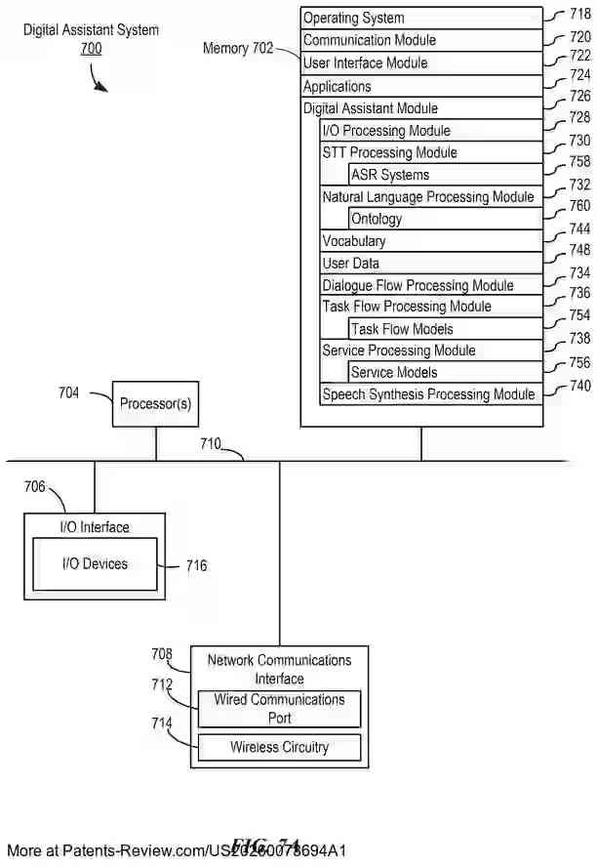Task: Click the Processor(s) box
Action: point(155,404)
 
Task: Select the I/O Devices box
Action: point(95,565)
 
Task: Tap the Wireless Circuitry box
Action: point(279,748)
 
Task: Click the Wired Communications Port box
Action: point(279,709)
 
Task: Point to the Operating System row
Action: point(421,19)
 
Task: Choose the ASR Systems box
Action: point(445,176)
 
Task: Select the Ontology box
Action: point(445,220)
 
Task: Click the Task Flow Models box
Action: point(445,330)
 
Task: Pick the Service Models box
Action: point(445,373)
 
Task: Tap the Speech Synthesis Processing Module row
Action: point(430,394)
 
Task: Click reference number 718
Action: point(580,15)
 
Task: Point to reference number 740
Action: point(580,386)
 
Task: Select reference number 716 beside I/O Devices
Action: point(195,566)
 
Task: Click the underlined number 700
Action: point(91,48)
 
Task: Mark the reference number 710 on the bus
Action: point(211,443)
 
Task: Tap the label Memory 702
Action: point(238,48)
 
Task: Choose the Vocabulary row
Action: point(430,241)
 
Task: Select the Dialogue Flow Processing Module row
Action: point(430,286)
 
